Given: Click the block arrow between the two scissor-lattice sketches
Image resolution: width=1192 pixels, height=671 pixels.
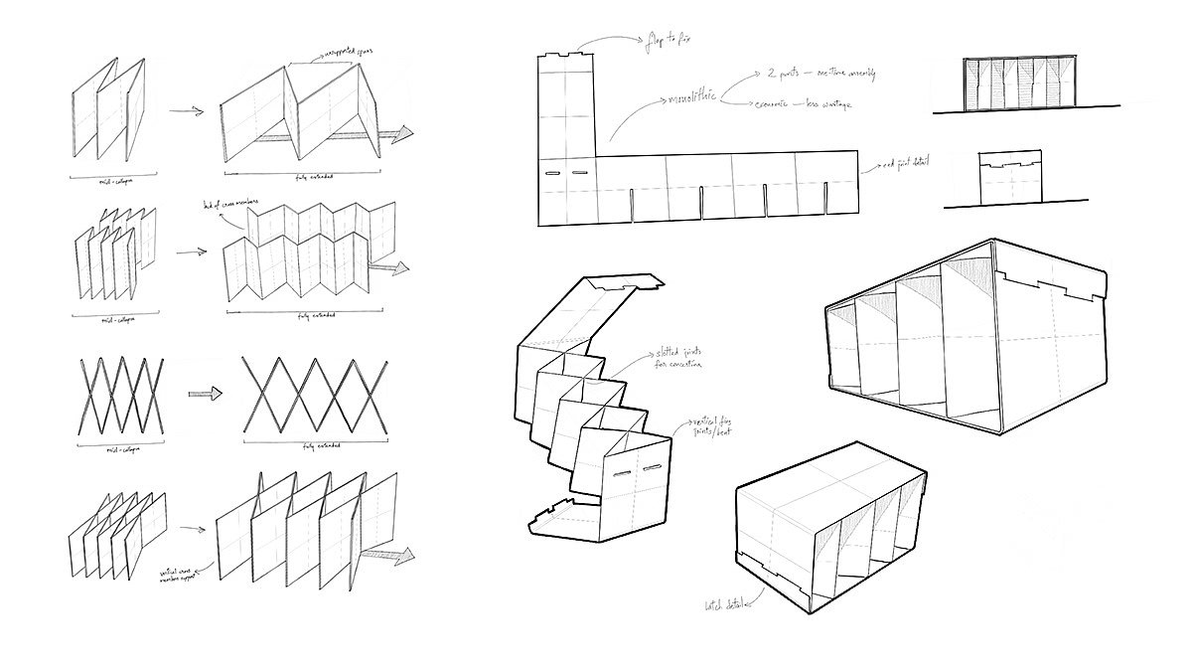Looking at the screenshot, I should [205, 394].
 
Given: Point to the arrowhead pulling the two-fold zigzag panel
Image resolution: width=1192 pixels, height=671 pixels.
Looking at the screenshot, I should [397, 136].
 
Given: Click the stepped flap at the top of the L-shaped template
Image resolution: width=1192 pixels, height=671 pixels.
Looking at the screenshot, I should [566, 58].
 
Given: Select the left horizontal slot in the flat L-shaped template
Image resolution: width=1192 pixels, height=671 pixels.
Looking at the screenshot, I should [552, 173].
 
